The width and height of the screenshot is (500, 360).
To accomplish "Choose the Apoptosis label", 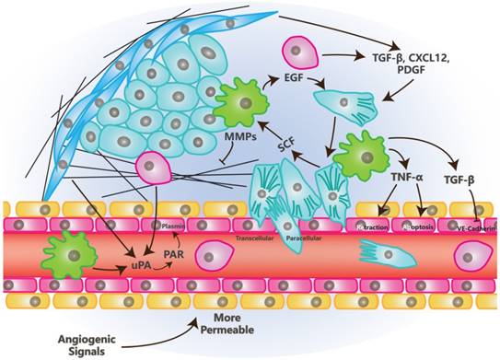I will pos(416,226).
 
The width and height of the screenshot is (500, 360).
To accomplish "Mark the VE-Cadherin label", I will pos(471,226).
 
